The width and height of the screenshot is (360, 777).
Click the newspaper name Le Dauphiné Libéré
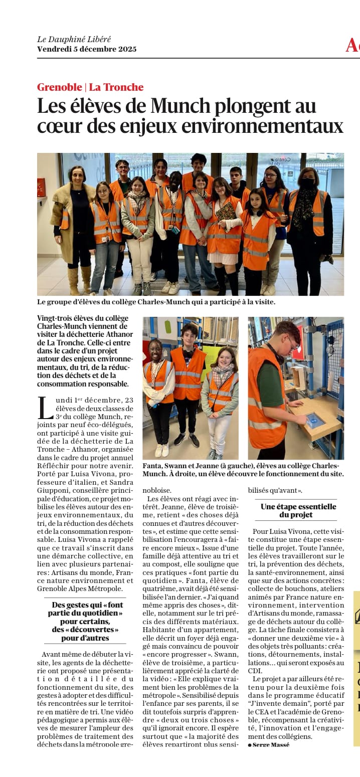pos(74,39)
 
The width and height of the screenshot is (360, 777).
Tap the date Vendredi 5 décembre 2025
pos(86,49)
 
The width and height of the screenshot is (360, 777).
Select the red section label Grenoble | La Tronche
pos(90,87)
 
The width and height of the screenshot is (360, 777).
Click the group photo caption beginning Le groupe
pos(156,302)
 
